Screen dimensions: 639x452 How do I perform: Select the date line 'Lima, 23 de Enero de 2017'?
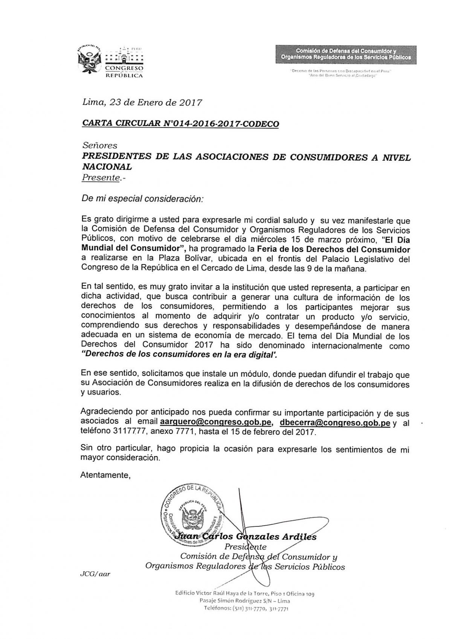[142, 102]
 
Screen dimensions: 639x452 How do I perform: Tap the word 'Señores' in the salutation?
[99, 145]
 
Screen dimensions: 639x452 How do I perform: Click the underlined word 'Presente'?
[100, 178]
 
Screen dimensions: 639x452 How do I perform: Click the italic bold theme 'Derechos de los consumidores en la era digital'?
[179, 354]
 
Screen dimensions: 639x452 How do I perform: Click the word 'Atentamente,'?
[105, 475]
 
